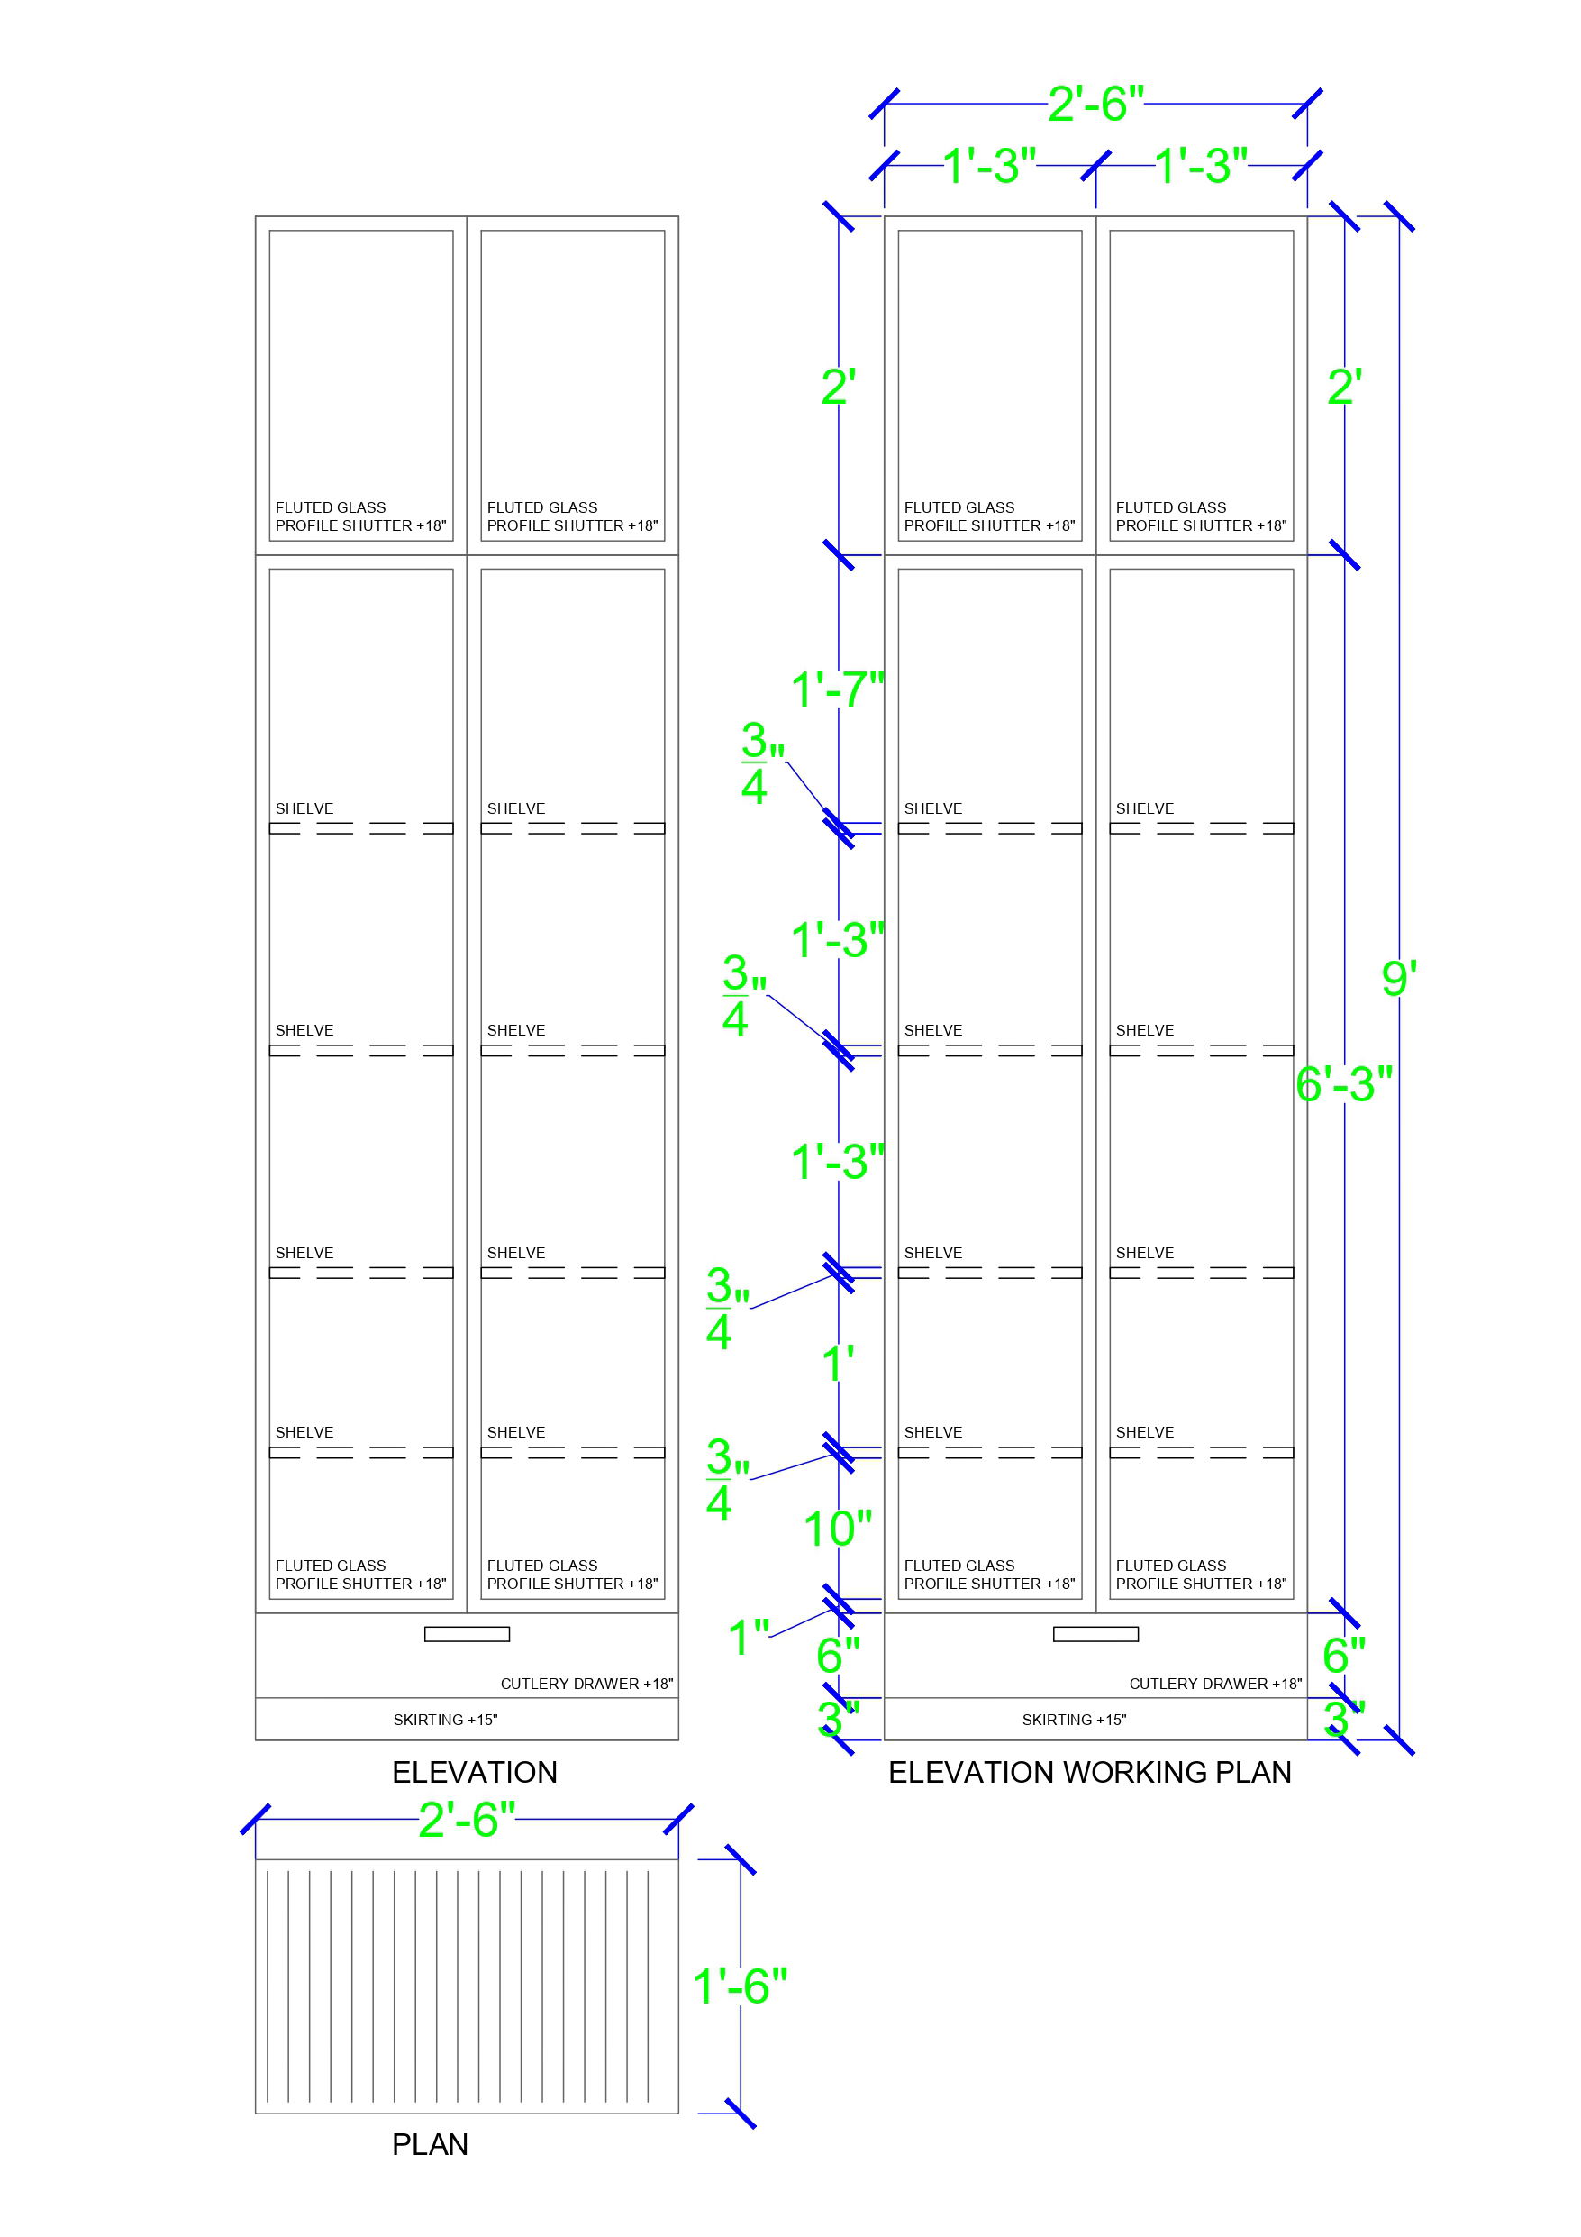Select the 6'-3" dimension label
(x=1343, y=1083)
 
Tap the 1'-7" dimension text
(x=837, y=689)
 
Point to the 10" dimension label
(x=837, y=1529)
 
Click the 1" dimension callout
(x=748, y=1637)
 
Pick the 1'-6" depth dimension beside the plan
(x=740, y=1986)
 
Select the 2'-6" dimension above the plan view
(x=467, y=1819)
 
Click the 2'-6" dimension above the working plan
(x=1095, y=104)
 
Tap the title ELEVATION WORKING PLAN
(x=1089, y=1772)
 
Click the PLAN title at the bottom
(x=430, y=2144)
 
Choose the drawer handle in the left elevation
(x=467, y=1634)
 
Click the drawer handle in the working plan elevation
(x=1095, y=1634)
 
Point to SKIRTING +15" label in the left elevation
(x=445, y=1720)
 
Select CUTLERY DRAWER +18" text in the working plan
(x=1214, y=1684)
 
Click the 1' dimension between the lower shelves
(x=838, y=1362)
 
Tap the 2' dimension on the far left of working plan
(x=838, y=387)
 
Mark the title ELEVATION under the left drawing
(x=475, y=1772)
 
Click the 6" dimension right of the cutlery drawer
(x=1343, y=1655)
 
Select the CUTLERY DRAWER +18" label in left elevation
(x=586, y=1684)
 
